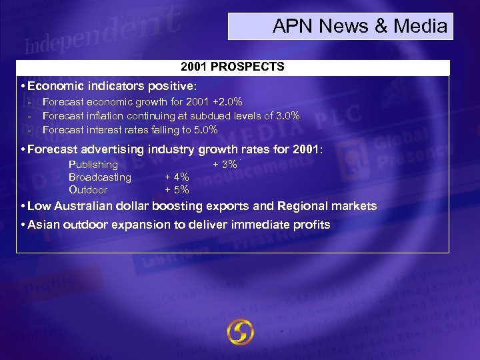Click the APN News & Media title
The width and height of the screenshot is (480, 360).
(360, 27)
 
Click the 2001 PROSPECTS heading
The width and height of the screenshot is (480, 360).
(233, 67)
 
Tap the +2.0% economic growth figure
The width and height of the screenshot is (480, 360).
(226, 102)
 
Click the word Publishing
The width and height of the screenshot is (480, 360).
(93, 165)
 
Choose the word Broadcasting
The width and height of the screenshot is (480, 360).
(100, 177)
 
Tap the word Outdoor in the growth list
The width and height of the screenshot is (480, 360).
(88, 190)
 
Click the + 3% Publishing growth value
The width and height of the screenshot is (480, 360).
(225, 165)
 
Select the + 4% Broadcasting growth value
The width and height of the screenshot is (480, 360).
(177, 177)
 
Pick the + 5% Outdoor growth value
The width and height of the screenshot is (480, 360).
(177, 190)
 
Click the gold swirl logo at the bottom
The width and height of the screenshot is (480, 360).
(240, 331)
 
